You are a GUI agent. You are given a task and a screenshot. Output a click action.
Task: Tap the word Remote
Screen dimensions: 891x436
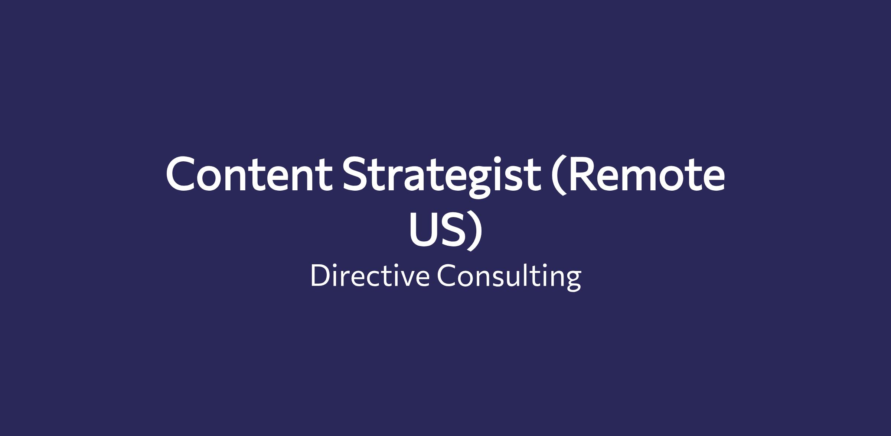pos(646,174)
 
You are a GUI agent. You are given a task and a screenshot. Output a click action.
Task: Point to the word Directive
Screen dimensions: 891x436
pos(370,275)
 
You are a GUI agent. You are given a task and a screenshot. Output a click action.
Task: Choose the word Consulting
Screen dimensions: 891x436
pos(509,277)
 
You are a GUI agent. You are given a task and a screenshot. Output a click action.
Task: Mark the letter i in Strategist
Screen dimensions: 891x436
pos(504,174)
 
